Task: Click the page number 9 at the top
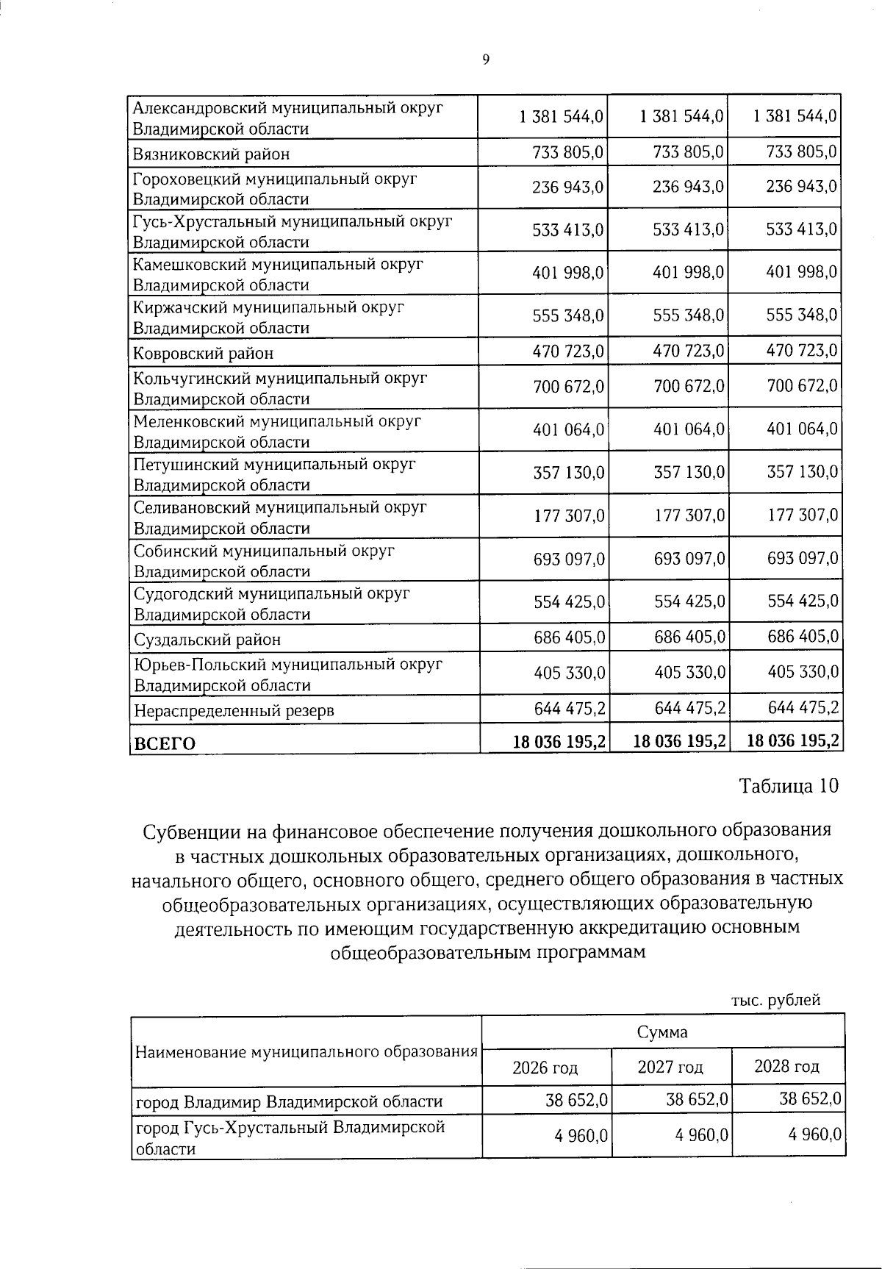[485, 60]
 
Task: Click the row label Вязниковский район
[211, 154]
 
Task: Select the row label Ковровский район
[203, 353]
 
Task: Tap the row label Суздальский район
[207, 640]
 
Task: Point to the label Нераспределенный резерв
[233, 711]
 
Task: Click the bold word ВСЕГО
[164, 744]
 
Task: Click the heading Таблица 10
[788, 786]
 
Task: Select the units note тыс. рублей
[775, 1000]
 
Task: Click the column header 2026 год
[545, 1068]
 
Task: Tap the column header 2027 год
[670, 1068]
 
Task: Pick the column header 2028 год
[786, 1067]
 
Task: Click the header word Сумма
[662, 1032]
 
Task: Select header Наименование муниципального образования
[306, 1051]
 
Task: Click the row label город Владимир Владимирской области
[290, 1101]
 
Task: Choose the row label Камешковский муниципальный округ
[278, 265]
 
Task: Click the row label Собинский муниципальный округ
[264, 551]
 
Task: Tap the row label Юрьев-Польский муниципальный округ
[287, 665]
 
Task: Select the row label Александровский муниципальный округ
[288, 108]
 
